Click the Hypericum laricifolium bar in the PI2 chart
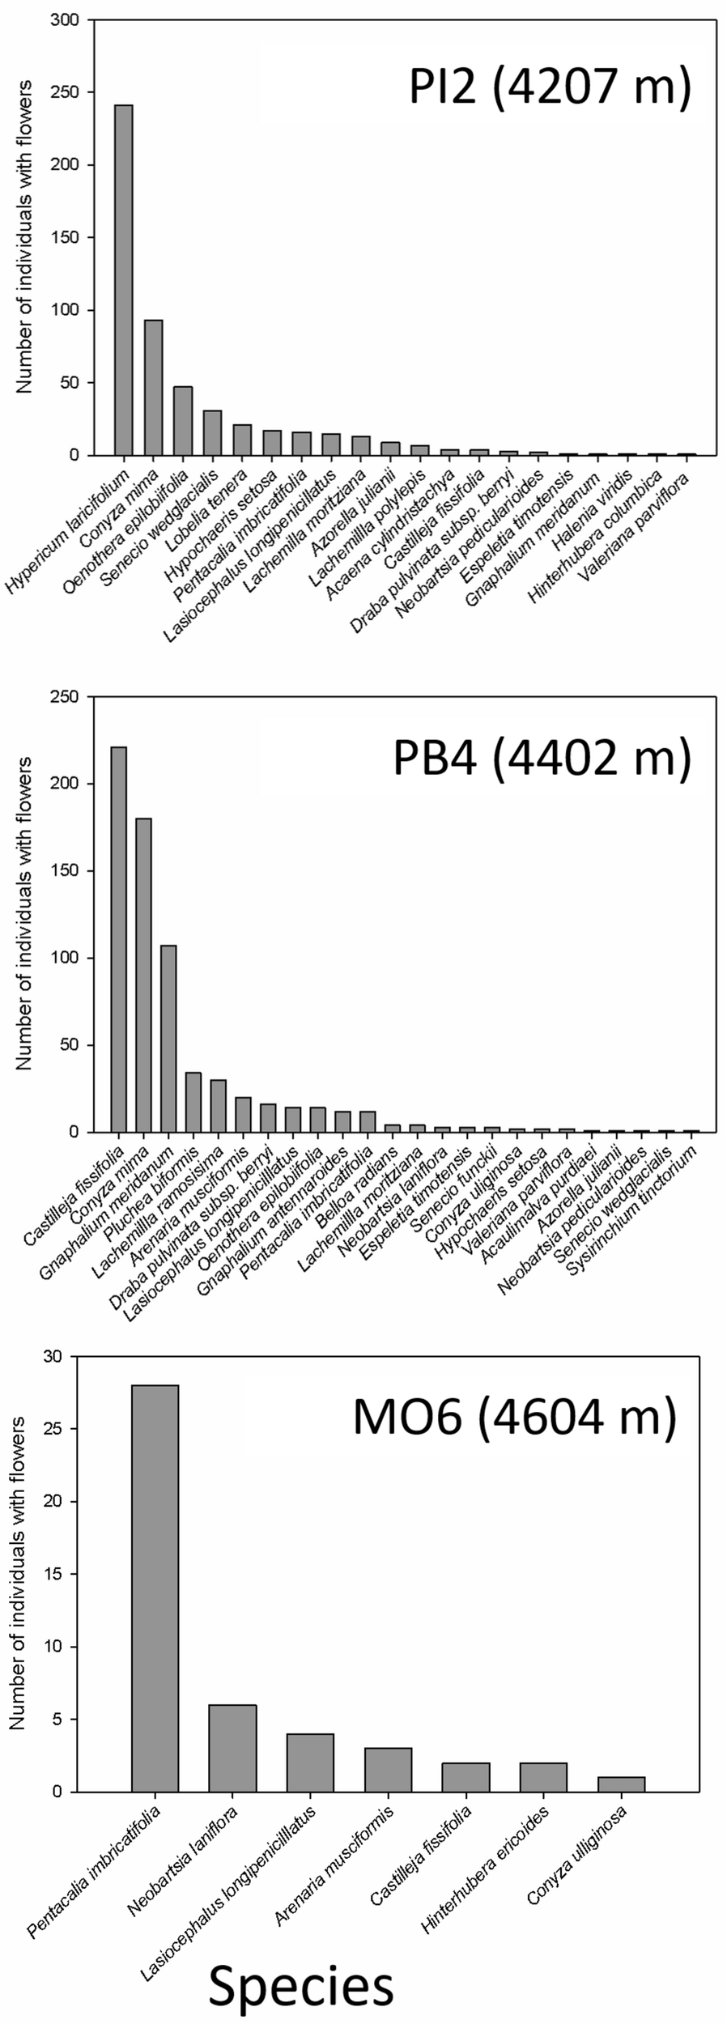pos(124,279)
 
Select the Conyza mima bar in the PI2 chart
pos(154,387)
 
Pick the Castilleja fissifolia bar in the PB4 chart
pos(119,939)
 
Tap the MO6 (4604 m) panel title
pos(514,1421)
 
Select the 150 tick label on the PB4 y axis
pos(66,871)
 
